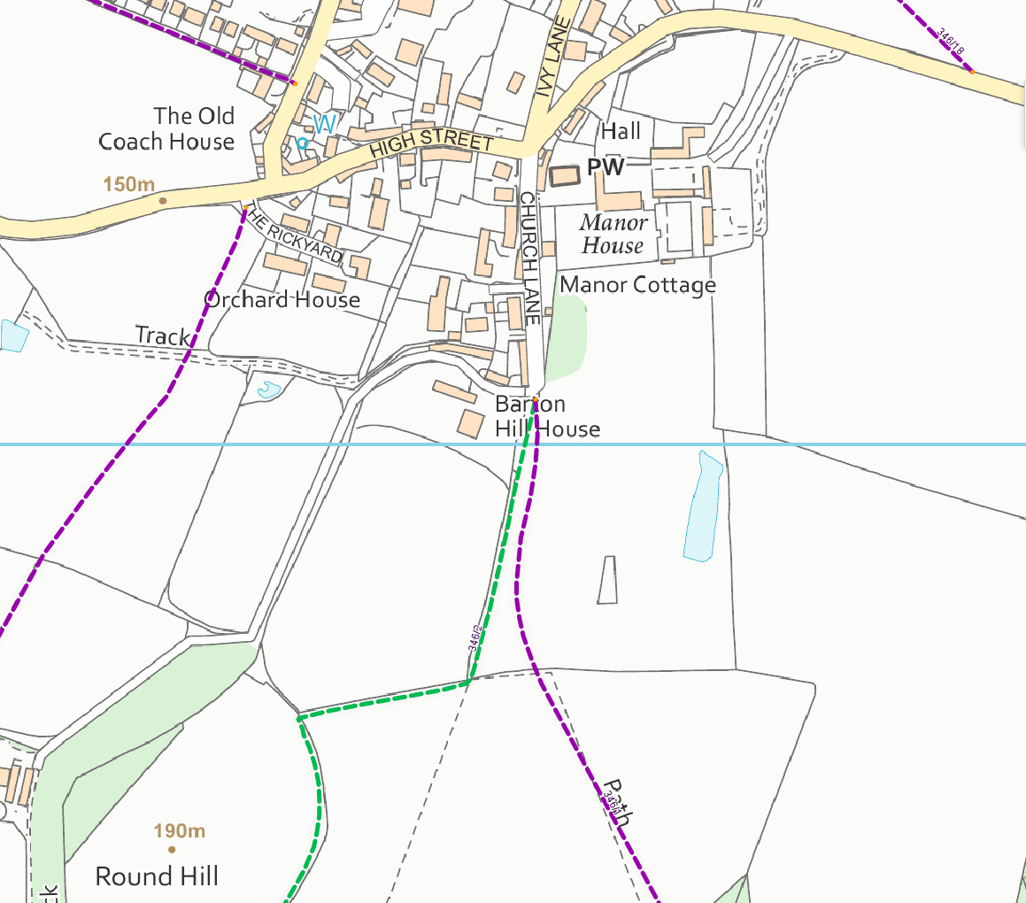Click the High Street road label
click(x=431, y=143)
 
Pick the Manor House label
click(x=613, y=235)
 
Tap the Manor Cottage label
click(x=637, y=285)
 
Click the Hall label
click(x=621, y=132)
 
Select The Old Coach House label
click(x=166, y=128)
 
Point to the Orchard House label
click(x=282, y=299)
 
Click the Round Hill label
click(x=157, y=876)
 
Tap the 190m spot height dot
click(x=172, y=849)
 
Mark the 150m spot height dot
click(x=162, y=201)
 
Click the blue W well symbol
click(x=324, y=125)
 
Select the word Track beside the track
click(x=162, y=336)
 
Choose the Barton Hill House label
click(x=547, y=417)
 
